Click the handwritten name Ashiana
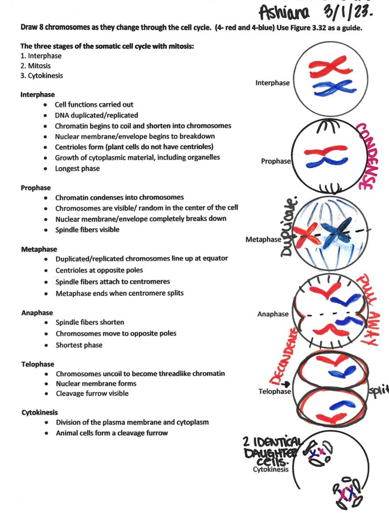click(284, 13)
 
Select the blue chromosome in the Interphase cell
click(332, 88)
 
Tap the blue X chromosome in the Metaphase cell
click(337, 233)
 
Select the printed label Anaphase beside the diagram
click(273, 314)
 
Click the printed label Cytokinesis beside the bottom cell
click(270, 470)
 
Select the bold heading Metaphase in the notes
click(39, 249)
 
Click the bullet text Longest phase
click(77, 168)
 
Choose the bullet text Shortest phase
click(79, 345)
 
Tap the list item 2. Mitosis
click(35, 66)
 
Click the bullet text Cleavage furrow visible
click(92, 393)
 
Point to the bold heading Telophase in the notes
click(38, 364)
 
